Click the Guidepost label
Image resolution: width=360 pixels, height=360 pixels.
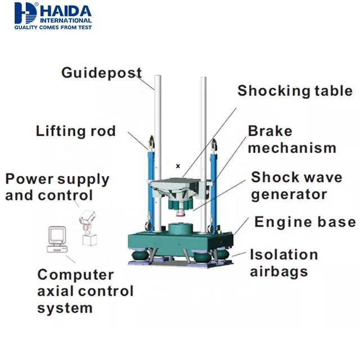point(101,73)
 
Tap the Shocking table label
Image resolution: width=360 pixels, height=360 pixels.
point(295,91)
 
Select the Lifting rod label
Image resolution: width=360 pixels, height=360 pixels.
point(75,131)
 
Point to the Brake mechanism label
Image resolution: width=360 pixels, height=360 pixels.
point(291,139)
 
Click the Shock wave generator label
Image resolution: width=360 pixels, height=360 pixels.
point(296,186)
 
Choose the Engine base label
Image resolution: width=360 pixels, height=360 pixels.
point(305,222)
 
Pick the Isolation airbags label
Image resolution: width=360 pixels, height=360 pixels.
point(283,263)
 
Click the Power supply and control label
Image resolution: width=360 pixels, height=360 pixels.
point(57,187)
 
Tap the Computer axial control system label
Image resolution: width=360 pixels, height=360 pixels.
point(85,291)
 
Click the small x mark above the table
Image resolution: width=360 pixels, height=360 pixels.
point(178,166)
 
